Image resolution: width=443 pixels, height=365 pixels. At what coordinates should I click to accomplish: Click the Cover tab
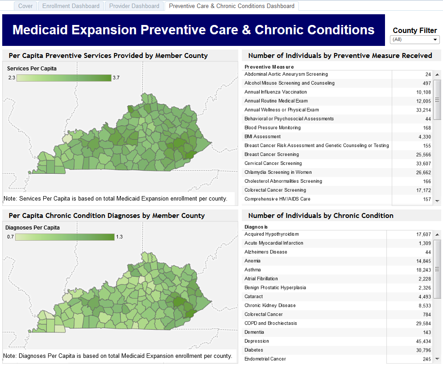(x=25, y=6)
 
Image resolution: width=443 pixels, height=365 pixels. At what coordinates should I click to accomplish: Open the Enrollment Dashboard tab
(x=71, y=6)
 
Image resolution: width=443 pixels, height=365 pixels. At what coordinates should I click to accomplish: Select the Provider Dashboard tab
(x=134, y=6)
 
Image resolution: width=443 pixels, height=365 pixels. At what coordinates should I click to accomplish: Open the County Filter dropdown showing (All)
(x=415, y=40)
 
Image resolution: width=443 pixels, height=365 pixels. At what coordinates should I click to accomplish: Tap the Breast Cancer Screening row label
(x=271, y=154)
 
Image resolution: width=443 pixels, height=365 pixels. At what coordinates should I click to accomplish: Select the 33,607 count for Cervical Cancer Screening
(x=423, y=164)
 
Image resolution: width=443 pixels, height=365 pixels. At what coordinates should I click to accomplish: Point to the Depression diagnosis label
(x=257, y=341)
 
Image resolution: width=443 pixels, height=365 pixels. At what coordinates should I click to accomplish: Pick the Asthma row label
(x=253, y=270)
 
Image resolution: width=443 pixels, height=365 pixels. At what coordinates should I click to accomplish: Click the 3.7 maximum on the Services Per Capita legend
(x=116, y=78)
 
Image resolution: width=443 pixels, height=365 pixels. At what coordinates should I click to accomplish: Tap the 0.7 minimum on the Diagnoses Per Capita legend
(x=11, y=237)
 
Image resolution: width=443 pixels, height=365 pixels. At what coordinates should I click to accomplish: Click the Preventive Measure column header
(x=269, y=67)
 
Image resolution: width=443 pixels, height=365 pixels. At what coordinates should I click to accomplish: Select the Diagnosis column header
(x=256, y=227)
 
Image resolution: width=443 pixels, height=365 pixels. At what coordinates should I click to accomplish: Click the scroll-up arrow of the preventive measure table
(x=437, y=75)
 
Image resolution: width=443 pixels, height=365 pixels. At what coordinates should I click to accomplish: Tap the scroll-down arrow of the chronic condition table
(x=437, y=360)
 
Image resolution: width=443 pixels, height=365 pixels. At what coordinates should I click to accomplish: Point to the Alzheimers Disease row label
(x=265, y=252)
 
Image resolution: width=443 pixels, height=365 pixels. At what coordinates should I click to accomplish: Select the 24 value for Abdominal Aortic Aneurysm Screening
(x=428, y=74)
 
